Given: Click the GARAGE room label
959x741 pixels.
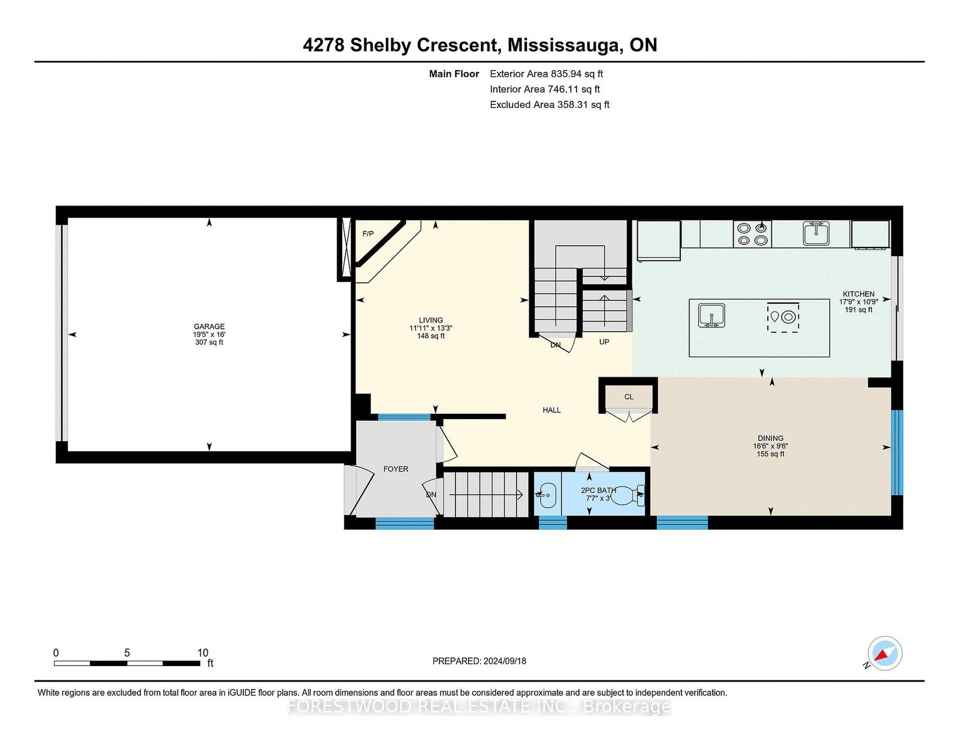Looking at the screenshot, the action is pyautogui.click(x=209, y=327).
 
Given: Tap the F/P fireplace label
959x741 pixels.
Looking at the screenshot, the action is pyautogui.click(x=367, y=233).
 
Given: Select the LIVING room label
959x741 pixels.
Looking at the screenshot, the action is pyautogui.click(x=431, y=320).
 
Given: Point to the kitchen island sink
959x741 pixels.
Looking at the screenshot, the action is pyautogui.click(x=711, y=315).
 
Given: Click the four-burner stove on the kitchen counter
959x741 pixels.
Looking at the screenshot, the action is pyautogui.click(x=752, y=234).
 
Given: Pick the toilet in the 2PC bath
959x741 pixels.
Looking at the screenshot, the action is pyautogui.click(x=629, y=496).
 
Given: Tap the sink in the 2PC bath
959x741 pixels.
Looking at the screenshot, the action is pyautogui.click(x=547, y=495).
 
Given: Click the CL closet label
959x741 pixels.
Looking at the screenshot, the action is pyautogui.click(x=629, y=397).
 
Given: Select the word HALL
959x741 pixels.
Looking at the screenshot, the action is pyautogui.click(x=551, y=410).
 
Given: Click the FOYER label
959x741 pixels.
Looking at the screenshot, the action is pyautogui.click(x=396, y=469).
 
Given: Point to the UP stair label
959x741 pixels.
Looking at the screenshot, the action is pyautogui.click(x=604, y=342).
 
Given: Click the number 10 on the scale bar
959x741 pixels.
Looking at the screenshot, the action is pyautogui.click(x=203, y=653).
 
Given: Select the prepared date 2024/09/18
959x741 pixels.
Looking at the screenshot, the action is pyautogui.click(x=505, y=661).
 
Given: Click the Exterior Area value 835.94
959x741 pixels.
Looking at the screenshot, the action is pyautogui.click(x=566, y=74).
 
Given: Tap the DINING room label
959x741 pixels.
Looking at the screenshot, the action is pyautogui.click(x=771, y=438).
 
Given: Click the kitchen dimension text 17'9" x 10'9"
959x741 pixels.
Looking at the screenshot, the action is pyautogui.click(x=858, y=302).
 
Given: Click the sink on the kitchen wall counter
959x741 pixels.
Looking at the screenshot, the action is pyautogui.click(x=816, y=233).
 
